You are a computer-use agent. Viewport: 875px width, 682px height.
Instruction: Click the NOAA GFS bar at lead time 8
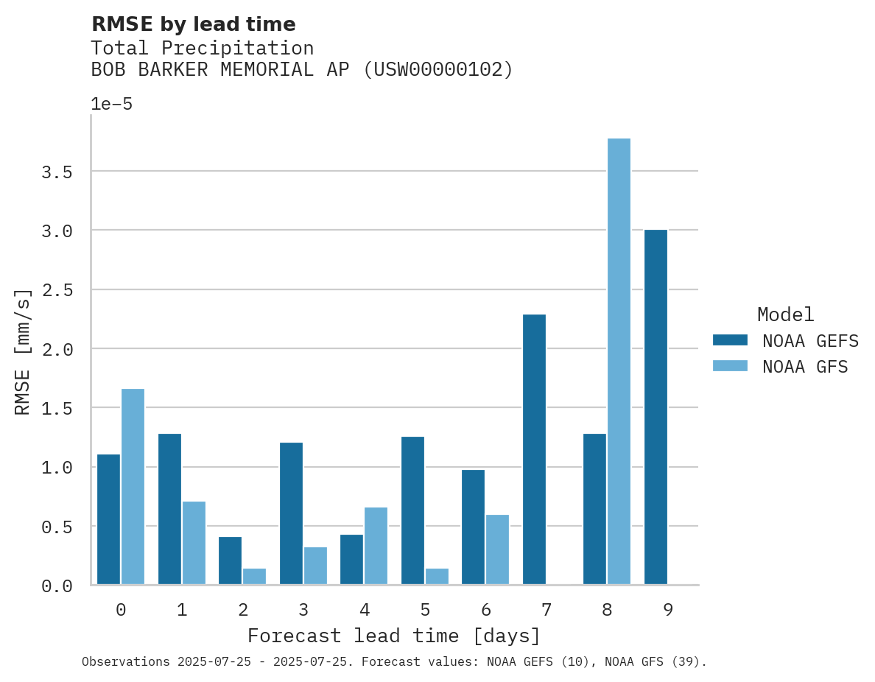coord(619,362)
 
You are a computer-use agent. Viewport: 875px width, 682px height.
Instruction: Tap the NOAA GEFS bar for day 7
coord(534,449)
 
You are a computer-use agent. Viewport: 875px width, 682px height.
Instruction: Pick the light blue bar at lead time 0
coord(133,487)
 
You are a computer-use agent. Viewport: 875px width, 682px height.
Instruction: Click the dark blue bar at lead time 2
coord(230,560)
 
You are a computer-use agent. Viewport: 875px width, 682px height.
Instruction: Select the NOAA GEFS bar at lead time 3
coord(291,513)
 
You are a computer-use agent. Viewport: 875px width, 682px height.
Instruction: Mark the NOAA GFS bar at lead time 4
coord(376,546)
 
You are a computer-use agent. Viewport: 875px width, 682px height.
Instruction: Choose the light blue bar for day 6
coord(497,549)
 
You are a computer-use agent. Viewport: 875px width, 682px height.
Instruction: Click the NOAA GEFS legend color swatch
coord(730,340)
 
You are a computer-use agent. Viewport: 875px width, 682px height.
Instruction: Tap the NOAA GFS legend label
coord(805,367)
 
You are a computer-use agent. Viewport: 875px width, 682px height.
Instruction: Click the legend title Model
coord(785,314)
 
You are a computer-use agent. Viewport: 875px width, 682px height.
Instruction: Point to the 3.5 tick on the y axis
coord(57,172)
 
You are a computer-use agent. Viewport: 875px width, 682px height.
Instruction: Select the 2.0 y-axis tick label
coord(57,350)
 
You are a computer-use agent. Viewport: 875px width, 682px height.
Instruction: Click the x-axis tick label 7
coord(546,610)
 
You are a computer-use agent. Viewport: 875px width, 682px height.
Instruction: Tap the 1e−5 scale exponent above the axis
coord(111,105)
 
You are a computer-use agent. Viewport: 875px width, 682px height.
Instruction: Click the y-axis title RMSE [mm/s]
coord(24,351)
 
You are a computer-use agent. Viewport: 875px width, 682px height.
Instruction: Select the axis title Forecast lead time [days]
coord(394,636)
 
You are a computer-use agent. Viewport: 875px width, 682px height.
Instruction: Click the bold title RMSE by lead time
coord(193,24)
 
